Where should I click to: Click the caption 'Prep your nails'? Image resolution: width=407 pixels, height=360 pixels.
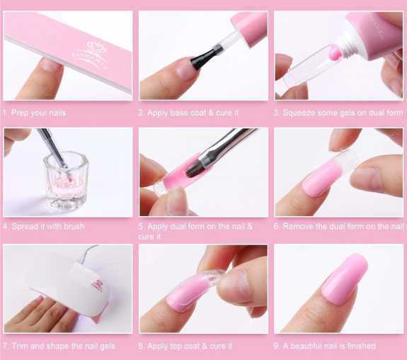tap(38, 113)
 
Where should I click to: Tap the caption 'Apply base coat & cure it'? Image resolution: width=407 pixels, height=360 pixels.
tap(193, 113)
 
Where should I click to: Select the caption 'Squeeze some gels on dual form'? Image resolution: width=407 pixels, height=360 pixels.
tap(343, 113)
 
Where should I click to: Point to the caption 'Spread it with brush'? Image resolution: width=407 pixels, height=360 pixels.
tap(48, 226)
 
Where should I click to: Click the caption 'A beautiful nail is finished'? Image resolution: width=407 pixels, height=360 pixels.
tap(329, 346)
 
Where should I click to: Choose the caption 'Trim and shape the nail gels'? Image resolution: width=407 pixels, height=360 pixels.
tap(63, 346)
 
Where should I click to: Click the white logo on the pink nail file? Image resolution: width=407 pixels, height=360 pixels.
tap(91, 56)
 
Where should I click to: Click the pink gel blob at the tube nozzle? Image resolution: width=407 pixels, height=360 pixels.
tap(335, 52)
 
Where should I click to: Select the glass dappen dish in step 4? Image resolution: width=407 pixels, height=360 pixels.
tap(67, 182)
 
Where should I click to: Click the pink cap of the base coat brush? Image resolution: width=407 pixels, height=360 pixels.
tap(249, 28)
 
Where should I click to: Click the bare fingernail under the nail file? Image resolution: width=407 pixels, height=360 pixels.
tap(51, 64)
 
